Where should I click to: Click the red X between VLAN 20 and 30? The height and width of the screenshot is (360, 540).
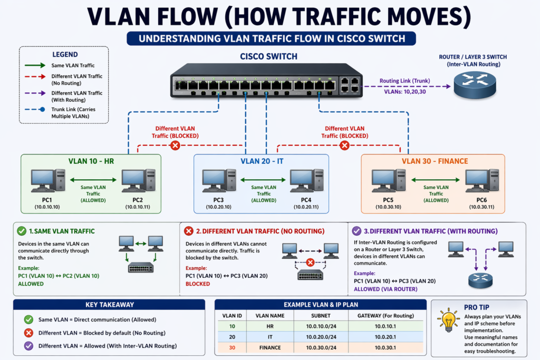coord(344,145)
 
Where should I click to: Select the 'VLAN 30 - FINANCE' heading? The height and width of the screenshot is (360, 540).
coord(435,161)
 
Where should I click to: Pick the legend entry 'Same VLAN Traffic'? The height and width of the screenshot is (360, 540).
coord(73,65)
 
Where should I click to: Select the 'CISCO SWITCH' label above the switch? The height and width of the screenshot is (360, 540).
coord(268,56)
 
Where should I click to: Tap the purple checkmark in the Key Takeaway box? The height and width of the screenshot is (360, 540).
coord(28,346)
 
